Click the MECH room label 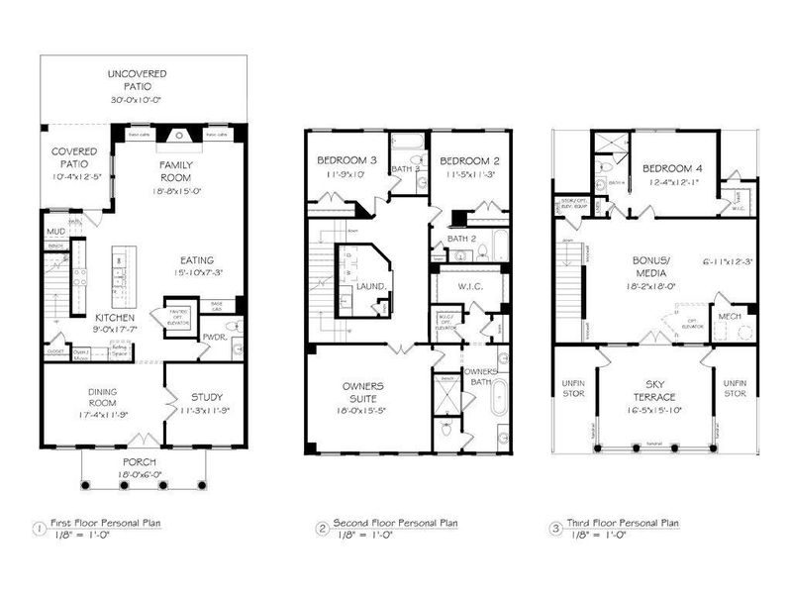(x=730, y=317)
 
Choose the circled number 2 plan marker (x=322, y=528)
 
